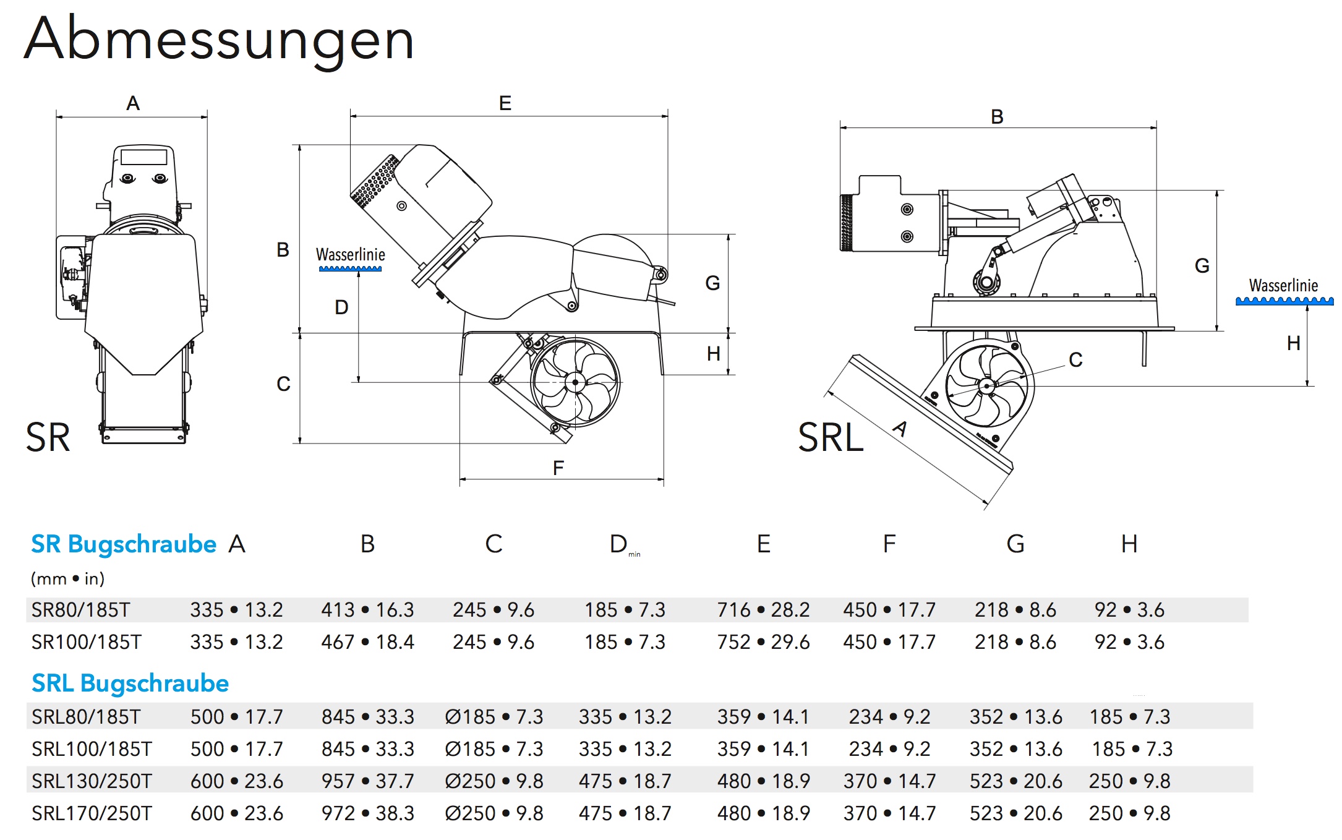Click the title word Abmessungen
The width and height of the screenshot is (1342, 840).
[x=219, y=40]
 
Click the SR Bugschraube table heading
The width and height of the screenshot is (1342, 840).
[x=124, y=544]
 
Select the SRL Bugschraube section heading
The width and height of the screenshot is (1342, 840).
[x=130, y=684]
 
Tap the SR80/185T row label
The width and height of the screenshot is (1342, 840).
[x=80, y=611]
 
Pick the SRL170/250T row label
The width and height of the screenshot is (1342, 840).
[x=92, y=813]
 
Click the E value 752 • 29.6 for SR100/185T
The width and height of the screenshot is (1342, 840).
[x=763, y=642]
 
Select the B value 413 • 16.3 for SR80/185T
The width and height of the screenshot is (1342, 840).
[x=367, y=611]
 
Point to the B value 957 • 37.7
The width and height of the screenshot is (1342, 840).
[x=367, y=781]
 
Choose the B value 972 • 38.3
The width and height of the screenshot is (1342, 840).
[x=367, y=813]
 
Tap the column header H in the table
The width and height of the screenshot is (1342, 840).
[x=1129, y=544]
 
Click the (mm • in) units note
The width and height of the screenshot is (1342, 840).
[x=67, y=579]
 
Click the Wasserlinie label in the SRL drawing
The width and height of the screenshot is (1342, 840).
[x=1283, y=286]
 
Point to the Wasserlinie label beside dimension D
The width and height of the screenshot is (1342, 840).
[x=351, y=255]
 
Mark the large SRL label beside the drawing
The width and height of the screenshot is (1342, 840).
[x=830, y=438]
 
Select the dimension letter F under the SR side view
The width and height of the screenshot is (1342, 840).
[x=558, y=468]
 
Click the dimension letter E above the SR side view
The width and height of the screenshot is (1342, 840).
[x=505, y=103]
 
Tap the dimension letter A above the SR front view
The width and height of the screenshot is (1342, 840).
[x=133, y=103]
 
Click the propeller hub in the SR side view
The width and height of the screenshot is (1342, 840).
[x=575, y=382]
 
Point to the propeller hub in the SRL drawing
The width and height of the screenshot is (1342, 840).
[x=986, y=387]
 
